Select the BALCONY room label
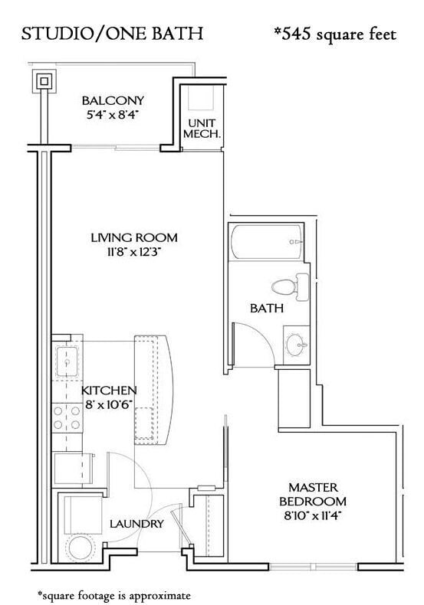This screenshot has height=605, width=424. (113, 100)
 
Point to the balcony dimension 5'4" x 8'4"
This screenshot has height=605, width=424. (113, 115)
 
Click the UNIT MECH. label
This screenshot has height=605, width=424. (201, 127)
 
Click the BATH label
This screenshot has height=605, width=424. (267, 309)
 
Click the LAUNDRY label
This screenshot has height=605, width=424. (136, 525)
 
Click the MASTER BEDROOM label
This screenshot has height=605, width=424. (313, 494)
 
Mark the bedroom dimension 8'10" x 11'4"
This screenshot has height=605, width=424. (313, 515)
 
